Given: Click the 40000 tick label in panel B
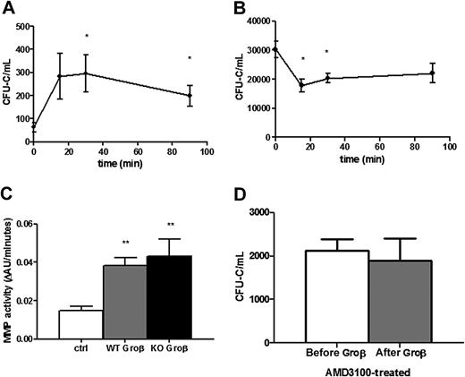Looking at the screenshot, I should coord(258,19).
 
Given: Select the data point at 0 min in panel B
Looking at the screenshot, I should coord(276,49).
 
